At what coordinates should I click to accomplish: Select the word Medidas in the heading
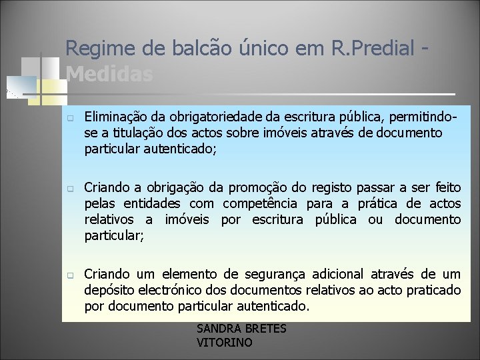pos(110,74)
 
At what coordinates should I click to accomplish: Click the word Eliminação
pos(116,118)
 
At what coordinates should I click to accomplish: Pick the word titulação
pos(131,133)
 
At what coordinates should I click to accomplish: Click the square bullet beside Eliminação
pos(69,119)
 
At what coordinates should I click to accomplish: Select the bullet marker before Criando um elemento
pos(69,275)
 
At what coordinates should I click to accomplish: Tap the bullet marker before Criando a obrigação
pos(69,189)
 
